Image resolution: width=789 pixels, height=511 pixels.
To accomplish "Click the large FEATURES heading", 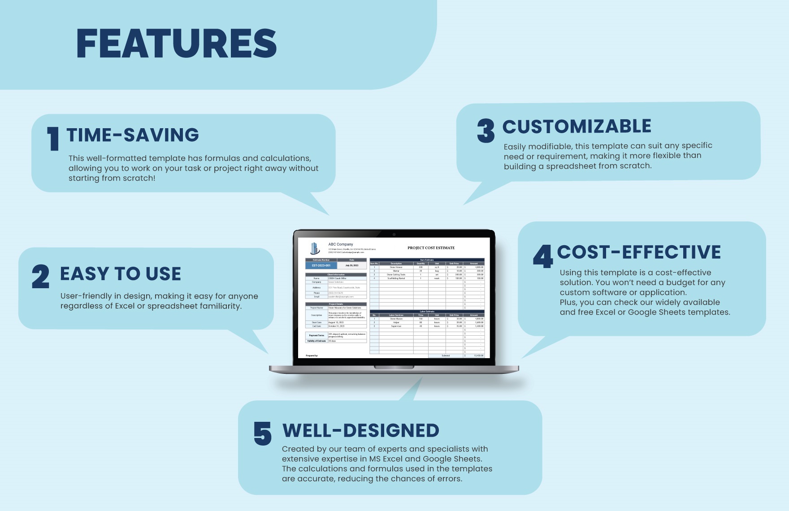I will [176, 43].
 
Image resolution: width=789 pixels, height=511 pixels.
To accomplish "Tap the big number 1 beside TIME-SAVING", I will [53, 139].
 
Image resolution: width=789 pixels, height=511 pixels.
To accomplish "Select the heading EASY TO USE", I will [121, 274].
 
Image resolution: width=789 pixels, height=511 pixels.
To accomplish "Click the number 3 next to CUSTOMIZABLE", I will [486, 131].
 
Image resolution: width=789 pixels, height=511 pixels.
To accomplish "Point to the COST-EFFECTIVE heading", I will [639, 252].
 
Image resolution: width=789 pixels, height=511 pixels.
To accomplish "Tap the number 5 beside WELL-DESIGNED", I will [263, 433].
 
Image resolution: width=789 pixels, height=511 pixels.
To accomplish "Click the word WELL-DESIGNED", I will [360, 431].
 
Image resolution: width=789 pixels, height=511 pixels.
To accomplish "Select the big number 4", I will [543, 256].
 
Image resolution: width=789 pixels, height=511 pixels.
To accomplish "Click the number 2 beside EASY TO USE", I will [40, 276].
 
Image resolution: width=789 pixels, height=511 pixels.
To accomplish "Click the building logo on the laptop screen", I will [315, 248].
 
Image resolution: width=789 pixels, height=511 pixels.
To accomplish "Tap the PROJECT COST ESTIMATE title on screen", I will [431, 248].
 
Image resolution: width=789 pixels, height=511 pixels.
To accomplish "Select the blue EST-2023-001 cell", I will [321, 265].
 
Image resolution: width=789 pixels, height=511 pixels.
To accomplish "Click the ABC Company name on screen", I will [341, 244].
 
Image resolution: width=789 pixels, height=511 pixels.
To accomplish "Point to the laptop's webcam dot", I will [394, 234].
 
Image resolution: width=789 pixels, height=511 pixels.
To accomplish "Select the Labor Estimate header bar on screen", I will [427, 311].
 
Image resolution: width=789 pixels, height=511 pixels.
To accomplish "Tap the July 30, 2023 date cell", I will [351, 265].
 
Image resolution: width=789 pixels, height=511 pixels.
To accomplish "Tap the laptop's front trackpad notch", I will [394, 368].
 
